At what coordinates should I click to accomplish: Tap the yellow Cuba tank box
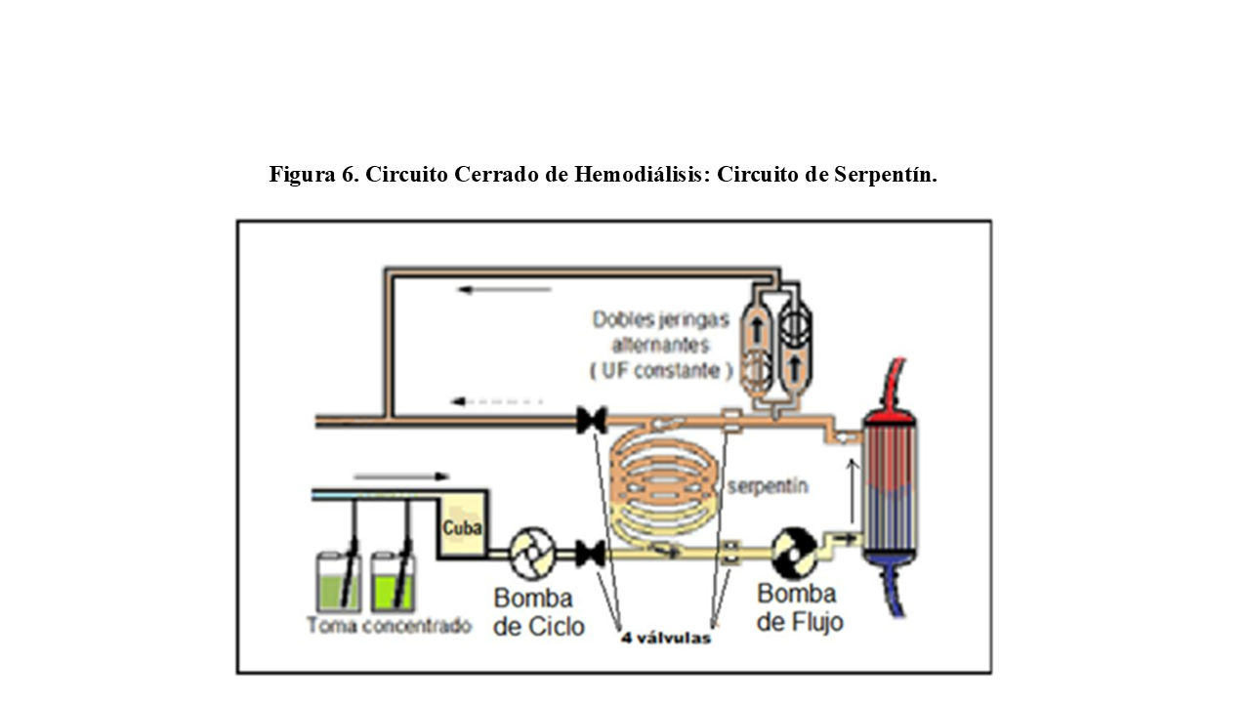(463, 528)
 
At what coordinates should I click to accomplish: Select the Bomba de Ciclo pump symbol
(532, 554)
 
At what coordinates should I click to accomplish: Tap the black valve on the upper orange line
(592, 421)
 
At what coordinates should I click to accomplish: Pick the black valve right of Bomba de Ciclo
(589, 554)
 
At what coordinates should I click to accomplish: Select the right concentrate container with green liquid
(394, 584)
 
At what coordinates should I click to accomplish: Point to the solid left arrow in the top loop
(505, 289)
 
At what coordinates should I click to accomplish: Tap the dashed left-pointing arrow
(495, 401)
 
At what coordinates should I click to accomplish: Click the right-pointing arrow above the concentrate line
(400, 476)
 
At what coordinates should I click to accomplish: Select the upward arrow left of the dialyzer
(852, 493)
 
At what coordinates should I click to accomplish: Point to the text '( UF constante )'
(661, 370)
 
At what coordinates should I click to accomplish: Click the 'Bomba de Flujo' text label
(799, 607)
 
